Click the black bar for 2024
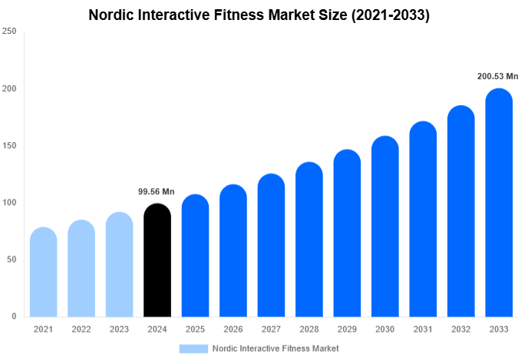pos(157,261)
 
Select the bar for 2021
pos(43,272)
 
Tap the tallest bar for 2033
pos(498,203)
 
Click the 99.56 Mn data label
pos(157,192)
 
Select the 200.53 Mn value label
pos(497,76)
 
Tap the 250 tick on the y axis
pos(9,31)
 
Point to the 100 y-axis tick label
pos(9,203)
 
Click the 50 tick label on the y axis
pos(12,259)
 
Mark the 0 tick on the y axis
pos(14,316)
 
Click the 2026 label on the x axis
pos(233,329)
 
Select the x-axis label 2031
pos(422,329)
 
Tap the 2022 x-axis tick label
pos(81,329)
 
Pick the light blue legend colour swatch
pos(193,348)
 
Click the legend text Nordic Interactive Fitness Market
pos(275,348)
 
